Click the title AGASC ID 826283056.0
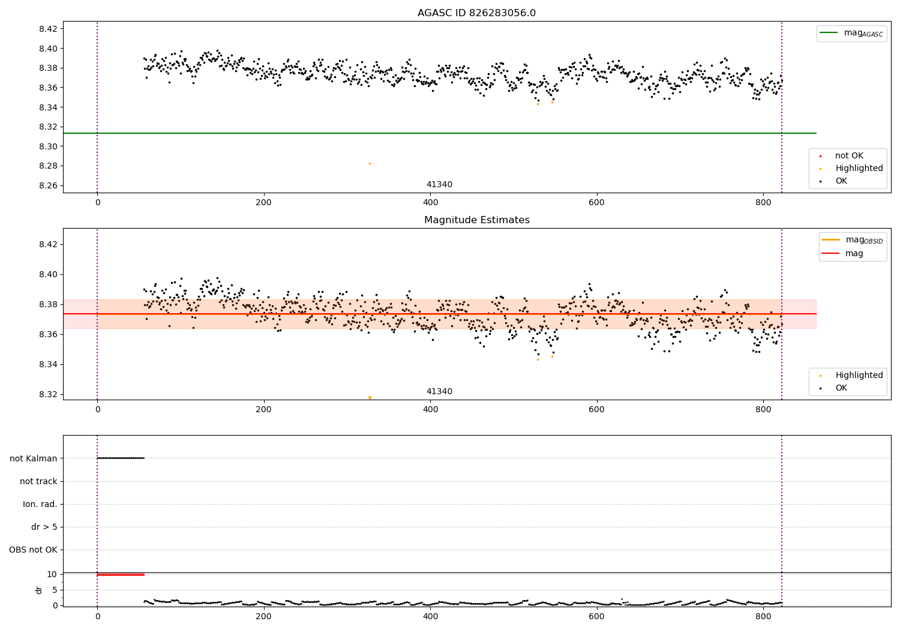pyautogui.click(x=476, y=13)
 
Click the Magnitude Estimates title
pyautogui.click(x=477, y=220)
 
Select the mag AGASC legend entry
pyautogui.click(x=851, y=33)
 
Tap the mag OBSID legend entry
pyautogui.click(x=852, y=240)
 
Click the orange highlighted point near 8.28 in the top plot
pyautogui.click(x=370, y=164)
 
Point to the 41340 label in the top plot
pyautogui.click(x=439, y=184)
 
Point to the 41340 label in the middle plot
pyautogui.click(x=439, y=391)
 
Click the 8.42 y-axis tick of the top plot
pyautogui.click(x=48, y=29)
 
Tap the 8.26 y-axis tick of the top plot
pyautogui.click(x=48, y=185)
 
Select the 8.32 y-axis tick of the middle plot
pyautogui.click(x=48, y=395)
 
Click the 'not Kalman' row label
pyautogui.click(x=34, y=458)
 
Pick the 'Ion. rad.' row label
pyautogui.click(x=40, y=504)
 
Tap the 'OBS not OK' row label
pyautogui.click(x=33, y=550)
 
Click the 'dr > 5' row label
pyautogui.click(x=44, y=527)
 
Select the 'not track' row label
pyautogui.click(x=38, y=481)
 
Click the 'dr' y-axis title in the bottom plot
pyautogui.click(x=38, y=590)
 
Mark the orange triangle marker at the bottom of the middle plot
pyautogui.click(x=370, y=398)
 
